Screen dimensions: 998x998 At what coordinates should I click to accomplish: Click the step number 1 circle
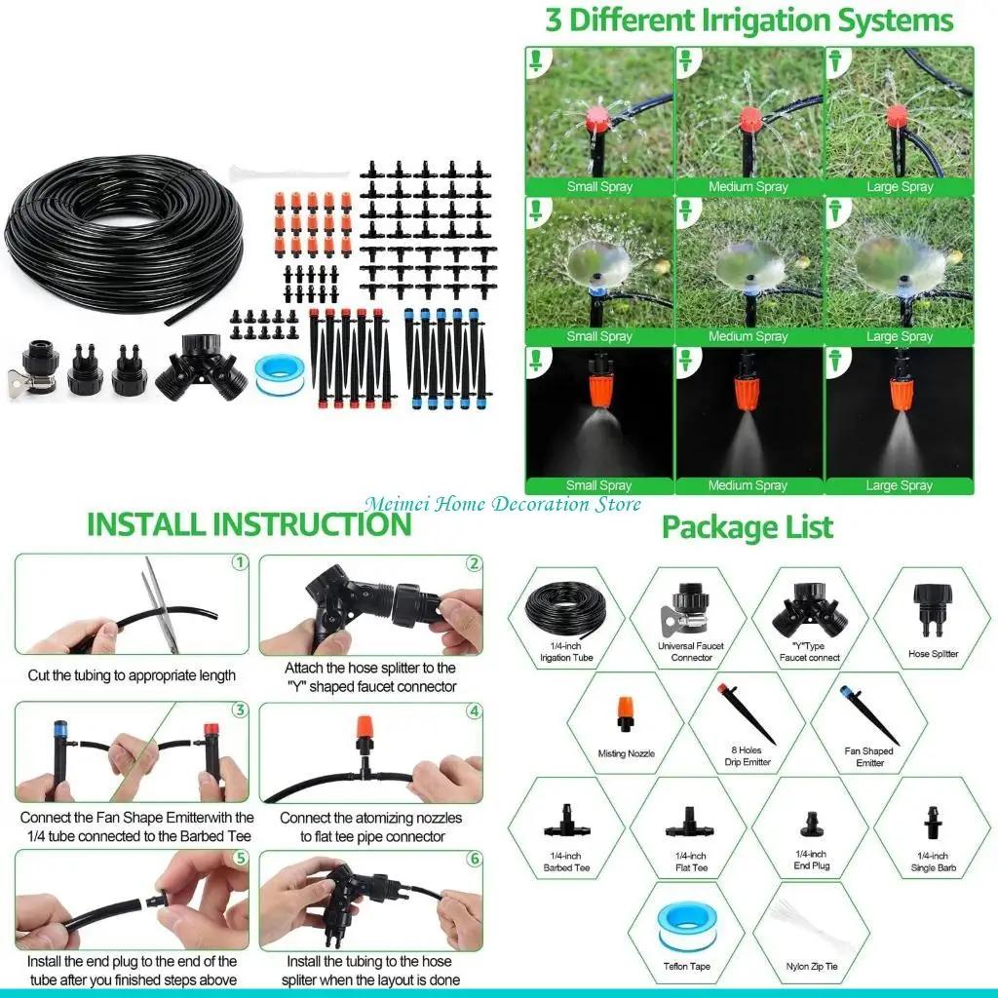[239, 563]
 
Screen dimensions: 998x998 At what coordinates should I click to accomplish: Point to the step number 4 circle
[474, 710]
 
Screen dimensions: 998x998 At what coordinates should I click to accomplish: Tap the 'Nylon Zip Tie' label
[812, 967]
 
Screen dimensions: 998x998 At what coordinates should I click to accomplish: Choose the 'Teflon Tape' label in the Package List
[688, 967]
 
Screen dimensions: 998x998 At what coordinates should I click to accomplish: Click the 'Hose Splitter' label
[933, 654]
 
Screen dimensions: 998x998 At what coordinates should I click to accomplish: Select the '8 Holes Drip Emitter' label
[749, 756]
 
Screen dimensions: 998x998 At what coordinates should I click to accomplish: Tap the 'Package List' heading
[748, 527]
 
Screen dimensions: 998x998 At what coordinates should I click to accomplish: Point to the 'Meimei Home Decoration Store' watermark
[503, 504]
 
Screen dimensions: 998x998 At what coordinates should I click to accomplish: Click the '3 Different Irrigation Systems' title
[748, 20]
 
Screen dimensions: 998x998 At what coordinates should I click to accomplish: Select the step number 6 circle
[474, 859]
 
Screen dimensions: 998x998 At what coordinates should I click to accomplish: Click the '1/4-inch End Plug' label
[811, 860]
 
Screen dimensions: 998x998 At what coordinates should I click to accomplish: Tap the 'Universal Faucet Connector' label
[691, 651]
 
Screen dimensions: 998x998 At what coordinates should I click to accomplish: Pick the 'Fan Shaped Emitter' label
[869, 756]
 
